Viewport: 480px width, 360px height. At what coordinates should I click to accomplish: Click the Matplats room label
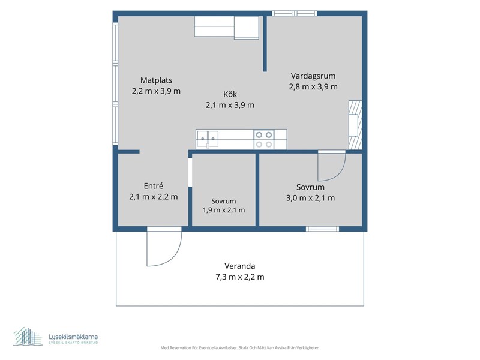156,80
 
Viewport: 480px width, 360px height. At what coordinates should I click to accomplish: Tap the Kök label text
230,94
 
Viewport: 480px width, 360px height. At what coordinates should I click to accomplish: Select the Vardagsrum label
313,76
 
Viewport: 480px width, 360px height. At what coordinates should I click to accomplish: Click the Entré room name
154,186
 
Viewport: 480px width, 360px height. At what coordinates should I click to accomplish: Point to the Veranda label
239,266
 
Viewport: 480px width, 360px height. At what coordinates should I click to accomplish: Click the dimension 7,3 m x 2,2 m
239,277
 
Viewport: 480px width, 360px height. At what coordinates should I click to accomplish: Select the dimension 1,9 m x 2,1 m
223,211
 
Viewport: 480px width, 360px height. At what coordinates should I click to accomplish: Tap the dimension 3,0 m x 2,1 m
310,198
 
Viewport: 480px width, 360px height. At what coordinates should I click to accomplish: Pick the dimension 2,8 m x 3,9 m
313,87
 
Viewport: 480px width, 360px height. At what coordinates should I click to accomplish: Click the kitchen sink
208,139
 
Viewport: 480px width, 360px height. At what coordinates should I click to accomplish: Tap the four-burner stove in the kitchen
264,139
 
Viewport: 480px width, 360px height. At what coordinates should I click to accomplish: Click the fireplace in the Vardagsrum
355,125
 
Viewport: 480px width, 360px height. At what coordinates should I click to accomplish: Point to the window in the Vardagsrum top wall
295,13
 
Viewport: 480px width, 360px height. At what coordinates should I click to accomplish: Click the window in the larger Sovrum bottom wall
323,229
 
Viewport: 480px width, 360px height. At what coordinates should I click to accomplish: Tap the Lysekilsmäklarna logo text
73,337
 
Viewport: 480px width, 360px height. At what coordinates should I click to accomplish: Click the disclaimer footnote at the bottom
239,348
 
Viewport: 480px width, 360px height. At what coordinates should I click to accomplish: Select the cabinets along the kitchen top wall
227,27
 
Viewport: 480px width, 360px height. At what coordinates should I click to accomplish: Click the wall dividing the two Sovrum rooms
257,190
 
